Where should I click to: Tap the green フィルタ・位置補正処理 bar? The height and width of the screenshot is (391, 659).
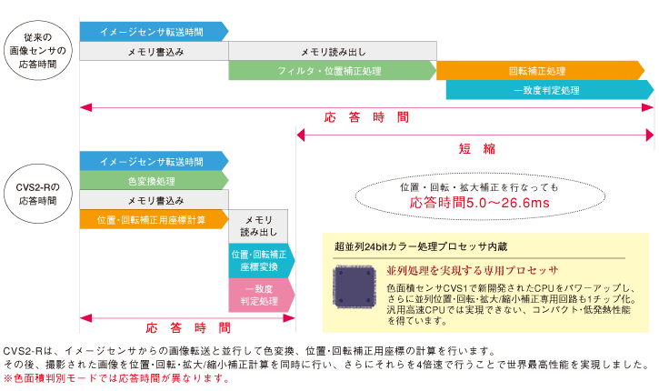[331, 71]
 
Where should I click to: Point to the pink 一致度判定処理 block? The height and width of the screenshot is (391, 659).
[260, 295]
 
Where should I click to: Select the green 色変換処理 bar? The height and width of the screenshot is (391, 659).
[152, 181]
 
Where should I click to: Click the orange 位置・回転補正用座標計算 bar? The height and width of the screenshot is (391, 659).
[152, 219]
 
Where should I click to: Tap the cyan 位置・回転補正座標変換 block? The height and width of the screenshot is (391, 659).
[260, 261]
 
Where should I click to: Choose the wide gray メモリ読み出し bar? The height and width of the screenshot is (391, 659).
[331, 51]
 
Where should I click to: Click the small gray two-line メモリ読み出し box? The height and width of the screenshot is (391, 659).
[258, 226]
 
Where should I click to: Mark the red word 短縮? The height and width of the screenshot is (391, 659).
[476, 149]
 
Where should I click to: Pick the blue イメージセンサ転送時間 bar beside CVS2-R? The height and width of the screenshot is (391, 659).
[152, 161]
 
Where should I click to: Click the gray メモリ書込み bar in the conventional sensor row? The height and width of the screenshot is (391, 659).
[154, 51]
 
